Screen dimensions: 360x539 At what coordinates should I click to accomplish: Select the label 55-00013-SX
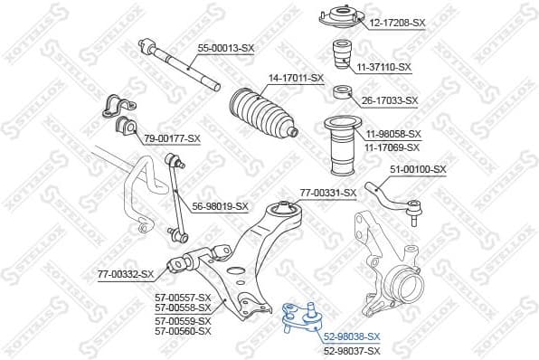click(x=226, y=47)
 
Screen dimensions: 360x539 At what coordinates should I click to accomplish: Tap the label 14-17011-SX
click(x=295, y=79)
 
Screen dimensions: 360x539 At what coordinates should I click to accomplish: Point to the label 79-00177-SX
click(x=172, y=137)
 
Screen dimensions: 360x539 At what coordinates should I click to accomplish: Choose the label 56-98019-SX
click(x=220, y=206)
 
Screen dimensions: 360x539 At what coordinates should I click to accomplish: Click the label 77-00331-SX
click(x=327, y=193)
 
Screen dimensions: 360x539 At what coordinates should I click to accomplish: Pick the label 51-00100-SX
click(x=418, y=169)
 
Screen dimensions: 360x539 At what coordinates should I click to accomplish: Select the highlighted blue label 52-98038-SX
click(x=352, y=336)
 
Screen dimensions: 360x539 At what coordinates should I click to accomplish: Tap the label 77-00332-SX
click(x=126, y=274)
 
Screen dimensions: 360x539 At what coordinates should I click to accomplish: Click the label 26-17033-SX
click(x=390, y=100)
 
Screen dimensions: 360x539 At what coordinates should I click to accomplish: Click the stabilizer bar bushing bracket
click(x=114, y=108)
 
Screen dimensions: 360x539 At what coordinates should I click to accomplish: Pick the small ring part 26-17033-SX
click(x=343, y=91)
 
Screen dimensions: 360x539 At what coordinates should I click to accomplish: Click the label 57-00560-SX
click(x=183, y=331)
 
